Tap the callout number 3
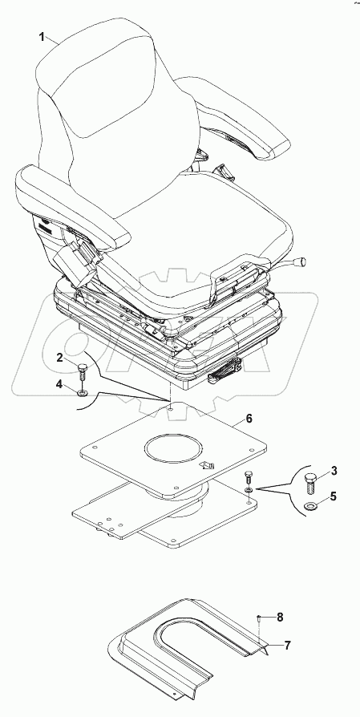pos(334,473)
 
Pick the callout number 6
pos(249,419)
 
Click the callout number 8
pos(280,617)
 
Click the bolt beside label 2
pos(83,371)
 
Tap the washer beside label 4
pos(83,393)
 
